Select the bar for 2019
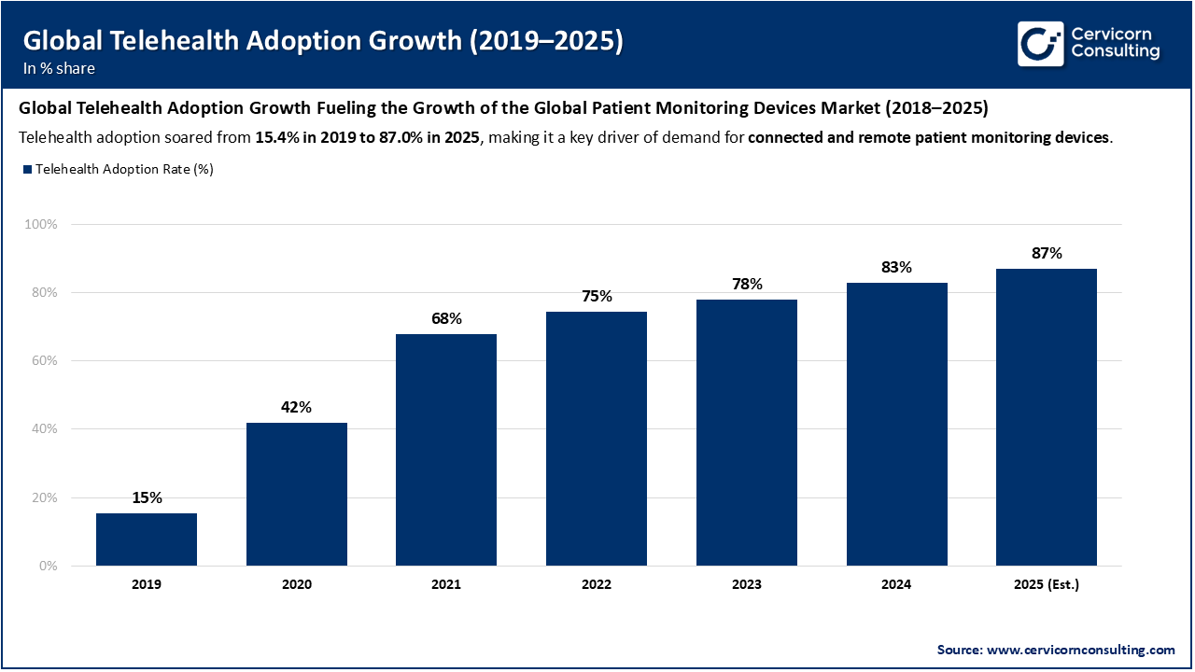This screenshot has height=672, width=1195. pyautogui.click(x=147, y=539)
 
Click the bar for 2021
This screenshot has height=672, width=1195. pyautogui.click(x=446, y=450)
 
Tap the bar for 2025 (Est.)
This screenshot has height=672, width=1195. pyautogui.click(x=1047, y=417)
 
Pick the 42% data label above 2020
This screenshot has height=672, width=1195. pyautogui.click(x=297, y=407)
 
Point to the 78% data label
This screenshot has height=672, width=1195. pyautogui.click(x=747, y=284)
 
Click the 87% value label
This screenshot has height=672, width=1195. pyautogui.click(x=1047, y=253)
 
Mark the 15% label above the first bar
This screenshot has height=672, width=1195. pyautogui.click(x=147, y=497)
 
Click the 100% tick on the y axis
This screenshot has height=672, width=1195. pyautogui.click(x=42, y=225)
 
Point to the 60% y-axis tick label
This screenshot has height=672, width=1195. pyautogui.click(x=45, y=361)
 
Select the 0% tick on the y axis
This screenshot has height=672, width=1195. pyautogui.click(x=49, y=566)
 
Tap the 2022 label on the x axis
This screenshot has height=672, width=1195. pyautogui.click(x=597, y=585)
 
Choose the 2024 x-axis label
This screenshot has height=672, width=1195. pyautogui.click(x=896, y=585)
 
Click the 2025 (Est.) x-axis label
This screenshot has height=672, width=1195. pyautogui.click(x=1047, y=585)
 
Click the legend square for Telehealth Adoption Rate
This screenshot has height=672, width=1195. pyautogui.click(x=27, y=169)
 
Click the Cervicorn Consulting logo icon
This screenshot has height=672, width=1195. pyautogui.click(x=1040, y=44)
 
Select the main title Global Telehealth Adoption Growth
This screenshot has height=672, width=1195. pyautogui.click(x=322, y=40)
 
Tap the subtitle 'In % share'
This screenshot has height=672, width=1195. pyautogui.click(x=59, y=68)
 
